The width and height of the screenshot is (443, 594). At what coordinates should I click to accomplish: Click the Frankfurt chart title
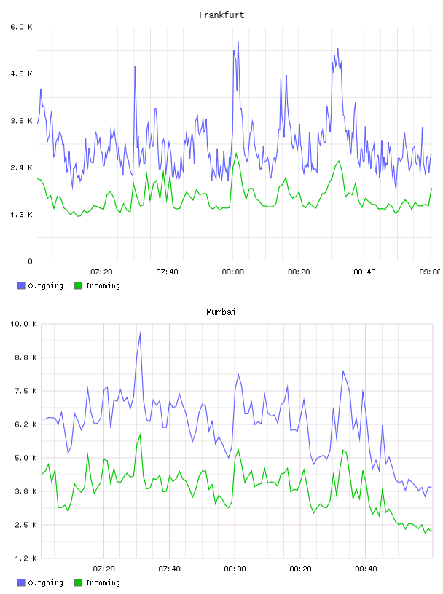coord(221,15)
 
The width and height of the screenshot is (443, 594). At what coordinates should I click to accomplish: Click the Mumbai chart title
coord(221,312)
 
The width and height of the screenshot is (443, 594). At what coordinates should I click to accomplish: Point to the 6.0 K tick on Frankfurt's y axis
coord(22,27)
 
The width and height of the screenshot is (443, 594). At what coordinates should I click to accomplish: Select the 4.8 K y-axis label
coord(22,74)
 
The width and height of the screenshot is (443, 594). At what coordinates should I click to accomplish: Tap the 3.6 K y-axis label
coord(22,121)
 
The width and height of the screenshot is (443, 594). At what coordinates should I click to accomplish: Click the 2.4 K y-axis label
coord(22,168)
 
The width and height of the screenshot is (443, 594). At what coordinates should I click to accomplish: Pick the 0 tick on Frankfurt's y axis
coord(30,261)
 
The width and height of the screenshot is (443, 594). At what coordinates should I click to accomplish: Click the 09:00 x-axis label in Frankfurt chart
coord(430,272)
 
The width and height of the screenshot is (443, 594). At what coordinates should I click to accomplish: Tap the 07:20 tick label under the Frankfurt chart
coord(102,272)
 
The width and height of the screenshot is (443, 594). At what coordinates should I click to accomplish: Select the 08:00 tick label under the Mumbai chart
coord(235,569)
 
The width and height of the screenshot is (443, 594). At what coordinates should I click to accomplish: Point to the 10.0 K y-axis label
coord(23,324)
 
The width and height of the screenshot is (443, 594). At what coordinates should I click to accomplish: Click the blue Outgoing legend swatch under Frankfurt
coord(21,285)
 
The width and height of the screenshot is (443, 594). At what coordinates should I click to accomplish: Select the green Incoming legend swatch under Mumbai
coord(78,582)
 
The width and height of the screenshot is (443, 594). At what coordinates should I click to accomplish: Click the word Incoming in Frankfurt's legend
coord(103,285)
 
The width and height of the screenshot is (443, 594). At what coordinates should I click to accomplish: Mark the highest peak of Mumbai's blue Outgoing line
coord(141,333)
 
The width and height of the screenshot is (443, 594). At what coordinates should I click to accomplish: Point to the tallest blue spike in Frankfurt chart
coord(238,42)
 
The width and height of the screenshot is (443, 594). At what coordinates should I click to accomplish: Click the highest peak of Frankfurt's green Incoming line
coord(236,153)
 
